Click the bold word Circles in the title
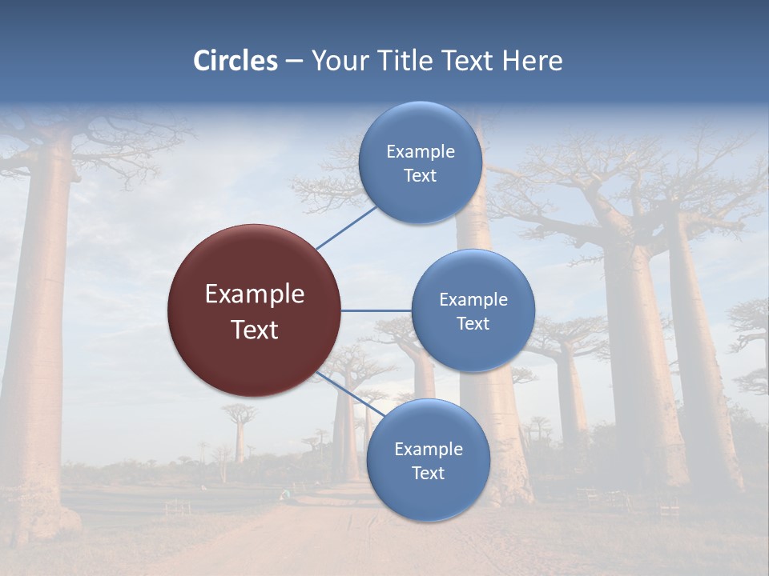pos(236,61)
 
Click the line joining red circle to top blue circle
pos(346,227)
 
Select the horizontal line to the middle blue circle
pos(376,310)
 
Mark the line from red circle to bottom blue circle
pos(351,394)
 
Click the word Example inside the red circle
pos(254,294)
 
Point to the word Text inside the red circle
pos(254,330)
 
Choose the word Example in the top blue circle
pos(420,152)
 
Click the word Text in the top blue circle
pos(420,175)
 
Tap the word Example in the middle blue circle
pos(473,300)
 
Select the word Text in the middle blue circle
pos(473,323)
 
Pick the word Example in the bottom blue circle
pos(428,450)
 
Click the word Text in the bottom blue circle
pos(428,473)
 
